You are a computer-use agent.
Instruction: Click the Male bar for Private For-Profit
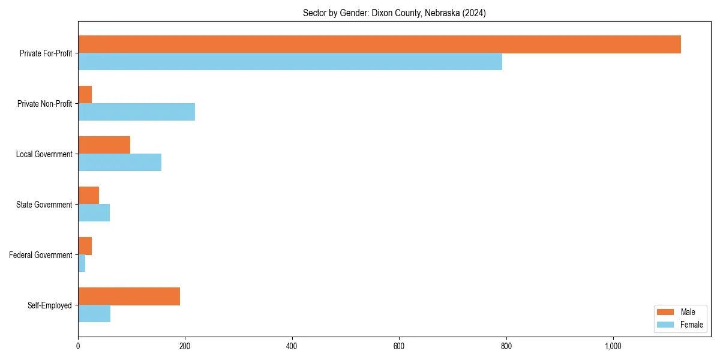tap(379, 44)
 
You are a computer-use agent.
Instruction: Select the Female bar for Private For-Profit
tap(290, 62)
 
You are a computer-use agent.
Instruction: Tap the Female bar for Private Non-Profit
tap(136, 112)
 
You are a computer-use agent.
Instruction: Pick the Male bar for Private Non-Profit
tap(85, 95)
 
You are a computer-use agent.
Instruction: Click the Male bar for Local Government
tap(104, 145)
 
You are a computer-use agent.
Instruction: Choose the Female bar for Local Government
tap(119, 163)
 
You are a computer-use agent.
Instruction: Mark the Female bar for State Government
tap(94, 213)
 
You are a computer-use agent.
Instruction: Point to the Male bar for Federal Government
tap(85, 246)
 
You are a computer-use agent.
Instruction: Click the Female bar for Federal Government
tap(82, 263)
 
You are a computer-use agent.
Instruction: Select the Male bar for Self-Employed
tap(129, 296)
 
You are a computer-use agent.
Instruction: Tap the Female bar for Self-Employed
tap(94, 314)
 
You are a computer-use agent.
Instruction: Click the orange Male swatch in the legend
tap(666, 312)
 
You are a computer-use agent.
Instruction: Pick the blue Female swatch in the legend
tap(666, 325)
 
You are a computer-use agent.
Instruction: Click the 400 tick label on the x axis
tap(292, 346)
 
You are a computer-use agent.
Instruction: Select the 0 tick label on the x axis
tap(78, 346)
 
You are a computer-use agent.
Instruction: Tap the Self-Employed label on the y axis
tap(50, 305)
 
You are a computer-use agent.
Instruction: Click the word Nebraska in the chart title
tap(442, 13)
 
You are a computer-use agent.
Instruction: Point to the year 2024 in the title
tap(473, 13)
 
